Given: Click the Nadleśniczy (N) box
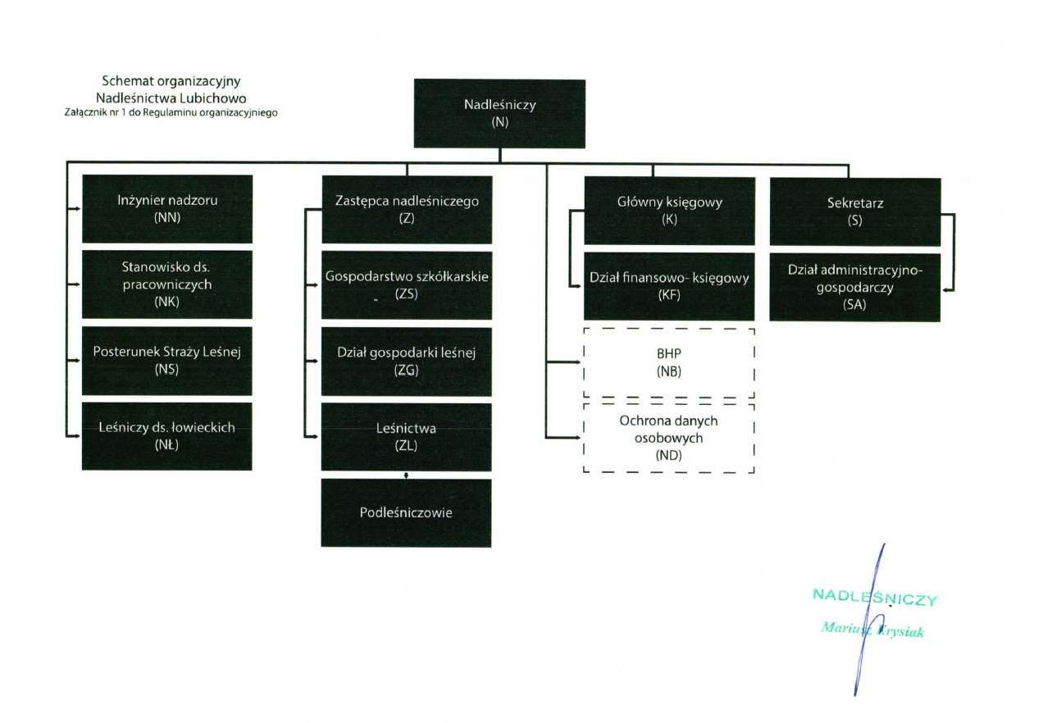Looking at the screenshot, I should click(x=499, y=113).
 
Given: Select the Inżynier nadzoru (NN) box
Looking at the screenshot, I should click(x=167, y=208).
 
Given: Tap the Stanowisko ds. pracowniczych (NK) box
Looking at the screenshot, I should click(x=167, y=284).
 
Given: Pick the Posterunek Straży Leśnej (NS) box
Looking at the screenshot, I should click(x=167, y=360).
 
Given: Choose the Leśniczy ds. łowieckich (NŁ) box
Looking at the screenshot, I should click(x=167, y=435).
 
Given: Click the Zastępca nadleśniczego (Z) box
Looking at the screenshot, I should click(x=407, y=209).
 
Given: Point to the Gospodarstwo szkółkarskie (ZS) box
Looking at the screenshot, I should click(x=407, y=285).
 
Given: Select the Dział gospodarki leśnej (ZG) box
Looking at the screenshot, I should click(x=407, y=361).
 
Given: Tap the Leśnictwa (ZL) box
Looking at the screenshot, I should click(x=407, y=436).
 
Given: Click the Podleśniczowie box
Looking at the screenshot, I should click(x=407, y=512).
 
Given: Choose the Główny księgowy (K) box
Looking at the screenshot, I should click(x=669, y=211).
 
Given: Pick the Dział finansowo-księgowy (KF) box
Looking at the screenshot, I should click(x=669, y=286).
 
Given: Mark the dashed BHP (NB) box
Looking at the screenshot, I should click(x=669, y=362).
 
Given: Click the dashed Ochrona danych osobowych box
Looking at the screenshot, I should click(x=669, y=437).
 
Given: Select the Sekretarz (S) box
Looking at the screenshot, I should click(x=854, y=211).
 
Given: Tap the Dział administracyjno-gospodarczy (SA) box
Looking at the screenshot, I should click(x=854, y=286).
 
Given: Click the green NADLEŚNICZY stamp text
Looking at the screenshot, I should click(x=874, y=597).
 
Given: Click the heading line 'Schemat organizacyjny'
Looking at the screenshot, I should click(x=171, y=81).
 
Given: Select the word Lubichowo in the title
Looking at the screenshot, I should click(x=211, y=98).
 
